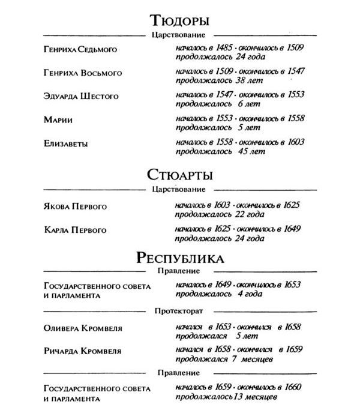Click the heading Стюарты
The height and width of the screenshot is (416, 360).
[x=180, y=175]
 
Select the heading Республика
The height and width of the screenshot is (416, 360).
[x=180, y=258]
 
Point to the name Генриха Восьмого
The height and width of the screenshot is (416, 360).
[x=83, y=73]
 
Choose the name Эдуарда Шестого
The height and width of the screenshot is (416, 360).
[x=81, y=96]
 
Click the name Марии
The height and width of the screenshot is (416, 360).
[x=58, y=120]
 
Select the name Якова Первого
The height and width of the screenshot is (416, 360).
[x=75, y=206]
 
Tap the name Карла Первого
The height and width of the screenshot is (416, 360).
[x=75, y=230]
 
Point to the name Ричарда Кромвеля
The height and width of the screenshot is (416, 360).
[x=83, y=352]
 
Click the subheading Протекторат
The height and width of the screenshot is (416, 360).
[x=180, y=312]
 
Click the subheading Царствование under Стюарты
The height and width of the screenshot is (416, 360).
[x=180, y=190]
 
